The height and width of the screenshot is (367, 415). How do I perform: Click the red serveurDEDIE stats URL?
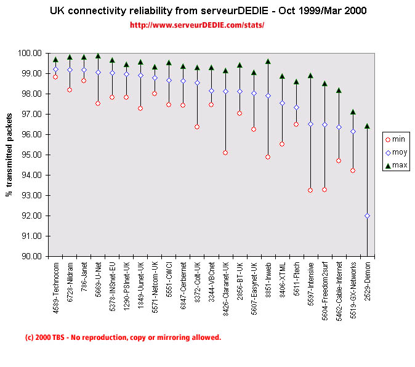tap(197, 25)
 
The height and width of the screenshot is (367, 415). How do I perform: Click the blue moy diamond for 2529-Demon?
tap(367, 216)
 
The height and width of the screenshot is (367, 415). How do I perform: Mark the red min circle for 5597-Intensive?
tap(310, 190)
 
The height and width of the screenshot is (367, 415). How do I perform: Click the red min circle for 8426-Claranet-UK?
tap(225, 152)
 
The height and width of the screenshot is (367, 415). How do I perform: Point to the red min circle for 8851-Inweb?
tap(268, 156)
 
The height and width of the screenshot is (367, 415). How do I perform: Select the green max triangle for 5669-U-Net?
tap(98, 55)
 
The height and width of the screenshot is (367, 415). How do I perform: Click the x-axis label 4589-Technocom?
tap(55, 286)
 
